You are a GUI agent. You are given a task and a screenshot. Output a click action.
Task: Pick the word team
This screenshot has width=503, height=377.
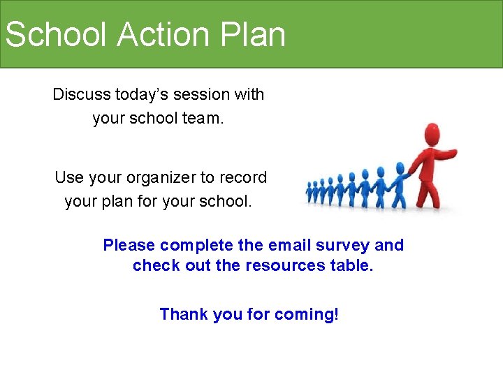203,119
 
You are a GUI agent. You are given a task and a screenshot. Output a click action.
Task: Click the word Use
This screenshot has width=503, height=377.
68,178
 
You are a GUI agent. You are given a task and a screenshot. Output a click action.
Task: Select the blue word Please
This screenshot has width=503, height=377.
129,245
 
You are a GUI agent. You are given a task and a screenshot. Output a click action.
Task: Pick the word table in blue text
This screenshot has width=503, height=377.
351,266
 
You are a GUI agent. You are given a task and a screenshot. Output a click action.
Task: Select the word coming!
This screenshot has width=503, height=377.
307,314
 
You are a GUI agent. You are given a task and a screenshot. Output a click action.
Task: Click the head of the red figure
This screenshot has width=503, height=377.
434,134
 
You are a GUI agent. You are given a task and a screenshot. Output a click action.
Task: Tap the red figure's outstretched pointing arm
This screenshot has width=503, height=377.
447,152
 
